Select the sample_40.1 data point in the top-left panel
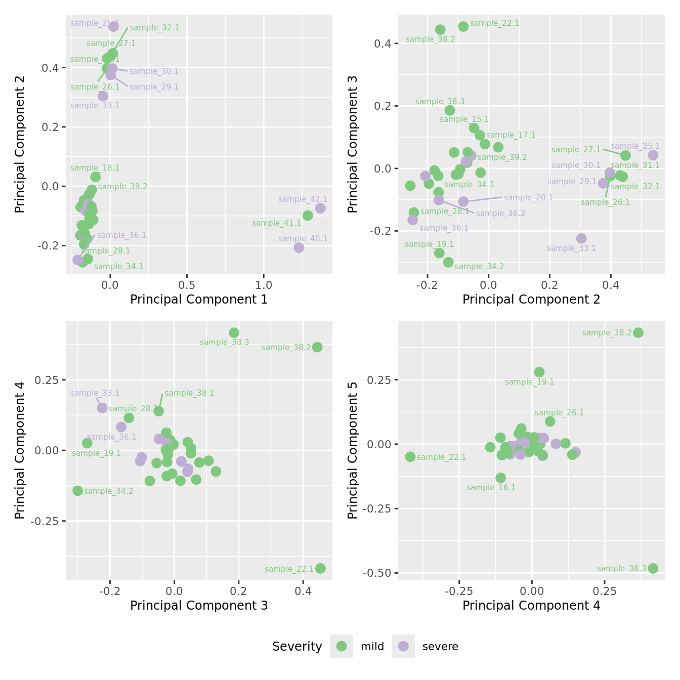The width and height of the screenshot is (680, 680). point(299,247)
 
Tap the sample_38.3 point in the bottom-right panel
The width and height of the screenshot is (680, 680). point(653,568)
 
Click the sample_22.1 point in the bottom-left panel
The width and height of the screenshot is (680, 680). point(320,568)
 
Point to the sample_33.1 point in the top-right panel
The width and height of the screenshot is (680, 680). point(581,238)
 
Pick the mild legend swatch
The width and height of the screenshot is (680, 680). point(342,646)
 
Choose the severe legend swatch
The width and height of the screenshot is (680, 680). point(403,646)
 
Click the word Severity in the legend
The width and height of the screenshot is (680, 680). point(297,647)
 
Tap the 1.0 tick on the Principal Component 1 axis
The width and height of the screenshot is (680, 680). point(264,284)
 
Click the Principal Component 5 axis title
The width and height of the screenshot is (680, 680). point(353,450)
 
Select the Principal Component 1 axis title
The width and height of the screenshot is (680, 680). point(199,300)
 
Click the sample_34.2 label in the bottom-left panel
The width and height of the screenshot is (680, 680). point(108,491)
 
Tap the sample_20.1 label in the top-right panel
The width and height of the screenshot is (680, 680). point(528,198)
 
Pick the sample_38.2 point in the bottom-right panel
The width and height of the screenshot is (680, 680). point(638,332)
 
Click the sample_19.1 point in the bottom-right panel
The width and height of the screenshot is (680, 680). point(539,372)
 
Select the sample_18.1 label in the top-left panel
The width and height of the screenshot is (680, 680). point(95,168)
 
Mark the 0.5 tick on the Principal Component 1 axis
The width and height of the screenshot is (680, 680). point(187,284)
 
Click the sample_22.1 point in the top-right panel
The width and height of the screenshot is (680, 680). point(463,26)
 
